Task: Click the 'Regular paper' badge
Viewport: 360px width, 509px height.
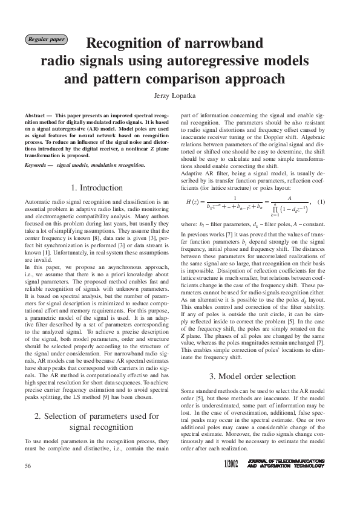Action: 46,40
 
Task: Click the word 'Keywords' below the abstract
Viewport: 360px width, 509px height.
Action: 38,164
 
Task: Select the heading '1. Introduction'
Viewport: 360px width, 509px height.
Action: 97,188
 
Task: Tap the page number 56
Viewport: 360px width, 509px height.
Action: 28,482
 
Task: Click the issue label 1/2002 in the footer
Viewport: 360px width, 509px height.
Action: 231,481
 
